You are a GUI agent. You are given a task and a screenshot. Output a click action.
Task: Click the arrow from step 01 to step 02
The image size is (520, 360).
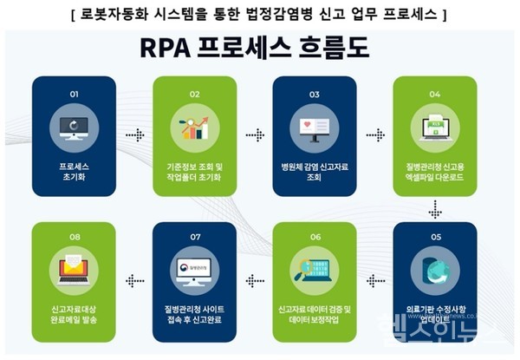133,136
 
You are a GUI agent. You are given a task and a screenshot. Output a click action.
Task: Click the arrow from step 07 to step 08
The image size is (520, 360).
133,281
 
